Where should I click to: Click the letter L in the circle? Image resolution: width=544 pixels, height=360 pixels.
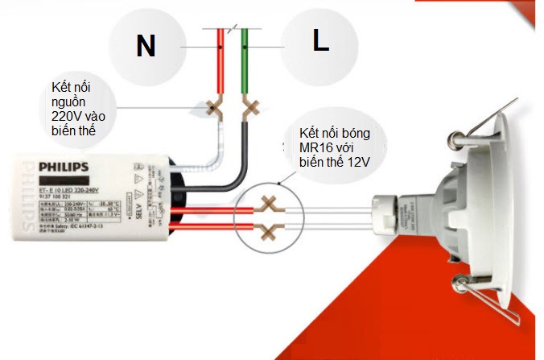click(321, 43)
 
